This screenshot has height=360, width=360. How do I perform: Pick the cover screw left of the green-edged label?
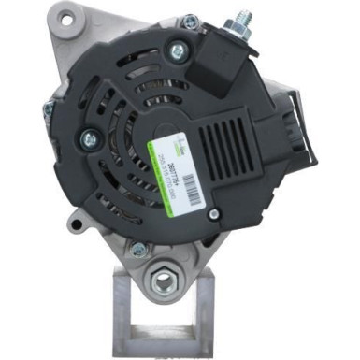(x=90, y=139)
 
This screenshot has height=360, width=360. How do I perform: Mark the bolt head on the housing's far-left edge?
(x=47, y=109)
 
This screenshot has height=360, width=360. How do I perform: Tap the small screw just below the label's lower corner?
(x=214, y=214)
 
